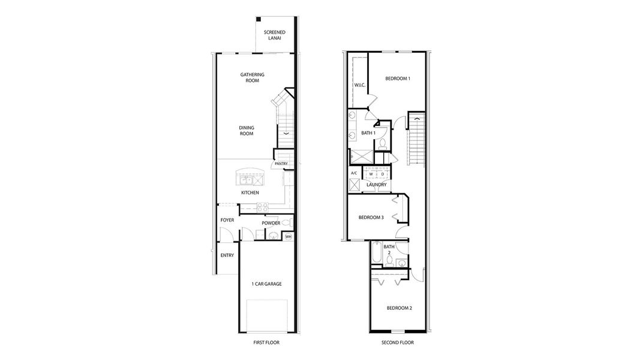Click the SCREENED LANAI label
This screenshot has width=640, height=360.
274,35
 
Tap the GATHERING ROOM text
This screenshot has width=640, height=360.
253,77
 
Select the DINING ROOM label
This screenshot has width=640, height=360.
246,130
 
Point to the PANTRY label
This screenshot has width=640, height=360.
281,164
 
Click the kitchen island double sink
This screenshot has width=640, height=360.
247,179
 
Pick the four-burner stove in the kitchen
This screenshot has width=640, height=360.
262,206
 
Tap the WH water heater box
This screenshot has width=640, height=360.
288,236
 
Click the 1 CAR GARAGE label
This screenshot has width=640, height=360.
267,284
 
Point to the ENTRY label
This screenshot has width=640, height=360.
227,255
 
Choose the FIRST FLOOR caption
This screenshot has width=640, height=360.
266,343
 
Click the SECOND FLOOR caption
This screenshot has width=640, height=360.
398,343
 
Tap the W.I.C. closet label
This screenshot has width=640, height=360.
360,85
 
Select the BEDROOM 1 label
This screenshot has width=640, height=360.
398,79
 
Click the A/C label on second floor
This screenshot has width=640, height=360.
354,173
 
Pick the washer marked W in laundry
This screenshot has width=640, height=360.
371,174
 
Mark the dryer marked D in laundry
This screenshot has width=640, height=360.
382,174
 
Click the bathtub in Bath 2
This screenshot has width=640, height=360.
376,253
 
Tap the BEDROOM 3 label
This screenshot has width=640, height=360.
371,217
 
